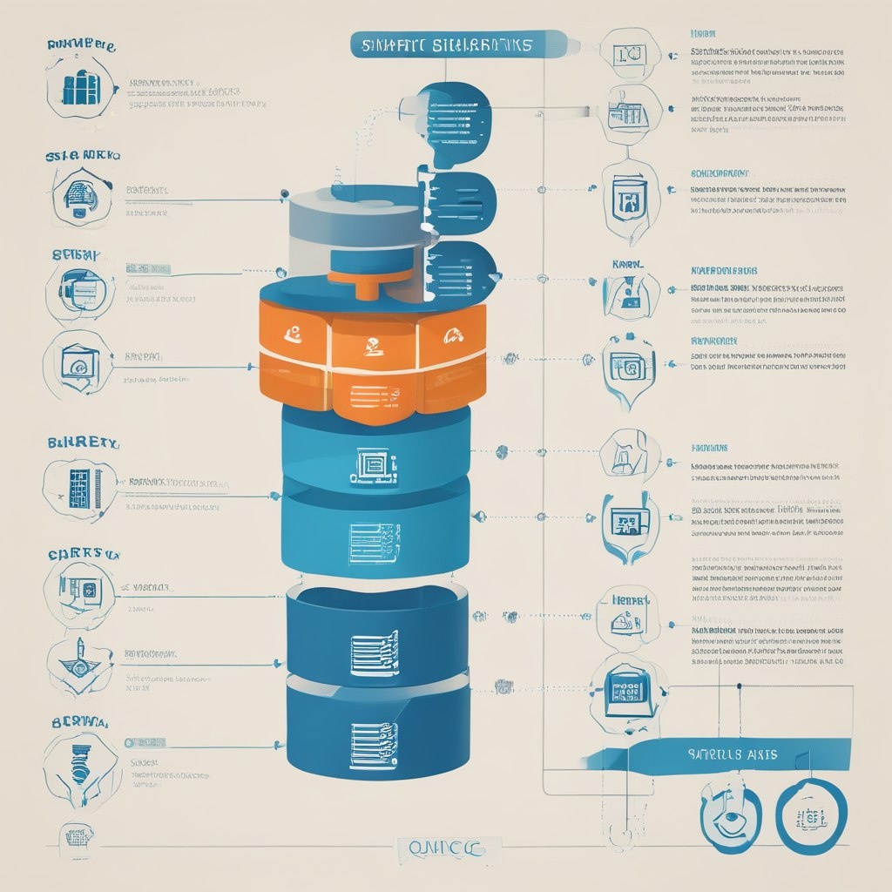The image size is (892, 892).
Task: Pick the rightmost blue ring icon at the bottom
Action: pos(810,817)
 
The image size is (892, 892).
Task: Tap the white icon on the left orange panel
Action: pos(294,332)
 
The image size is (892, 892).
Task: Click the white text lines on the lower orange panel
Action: pos(373,395)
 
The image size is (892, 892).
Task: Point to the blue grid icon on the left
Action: pos(80,489)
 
